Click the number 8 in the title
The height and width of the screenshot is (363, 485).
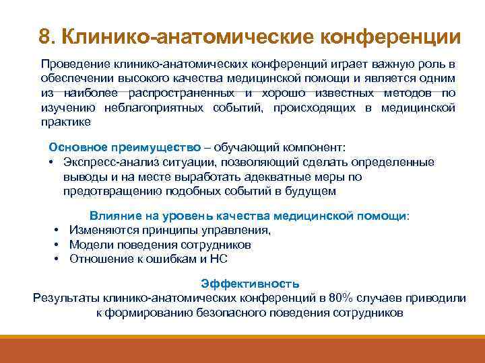point(44,36)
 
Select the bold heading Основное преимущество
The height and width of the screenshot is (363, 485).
point(125,147)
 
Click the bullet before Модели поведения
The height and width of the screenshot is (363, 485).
point(59,244)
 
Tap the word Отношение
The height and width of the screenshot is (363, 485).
point(96,259)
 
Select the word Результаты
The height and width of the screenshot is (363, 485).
point(64,298)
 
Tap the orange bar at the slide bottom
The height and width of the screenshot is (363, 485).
point(243,349)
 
